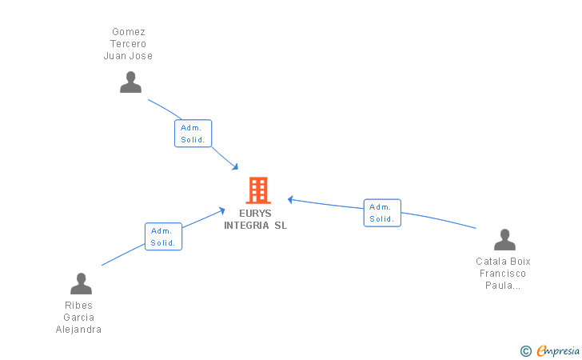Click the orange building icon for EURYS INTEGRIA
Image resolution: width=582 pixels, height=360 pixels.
point(257,190)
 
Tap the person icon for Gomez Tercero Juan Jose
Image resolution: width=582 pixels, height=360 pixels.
point(130,82)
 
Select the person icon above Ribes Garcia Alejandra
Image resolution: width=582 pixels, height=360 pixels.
point(81,283)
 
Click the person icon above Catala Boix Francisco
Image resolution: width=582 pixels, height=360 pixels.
point(504,240)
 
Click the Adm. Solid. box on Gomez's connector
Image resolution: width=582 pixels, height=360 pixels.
point(193,133)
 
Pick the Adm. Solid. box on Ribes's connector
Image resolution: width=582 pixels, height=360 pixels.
point(163,237)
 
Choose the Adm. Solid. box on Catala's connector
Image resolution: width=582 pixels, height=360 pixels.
point(382,213)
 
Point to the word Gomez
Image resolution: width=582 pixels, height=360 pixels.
point(128,32)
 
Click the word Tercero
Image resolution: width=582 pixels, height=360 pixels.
point(128,44)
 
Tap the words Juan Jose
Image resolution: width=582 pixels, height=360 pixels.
point(128,56)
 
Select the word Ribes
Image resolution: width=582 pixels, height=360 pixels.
point(78,305)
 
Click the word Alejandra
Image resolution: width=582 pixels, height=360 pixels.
point(78,329)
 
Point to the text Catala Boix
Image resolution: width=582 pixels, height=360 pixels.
point(503,261)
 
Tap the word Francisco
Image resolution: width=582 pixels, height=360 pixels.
point(503,273)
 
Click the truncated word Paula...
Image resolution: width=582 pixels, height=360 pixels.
point(503,285)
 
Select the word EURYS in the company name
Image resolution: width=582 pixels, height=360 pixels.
point(255,214)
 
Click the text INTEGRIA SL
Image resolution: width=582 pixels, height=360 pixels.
point(255,226)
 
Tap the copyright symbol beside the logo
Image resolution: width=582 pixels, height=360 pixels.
point(525,350)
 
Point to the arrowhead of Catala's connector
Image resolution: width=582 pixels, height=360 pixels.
point(291,198)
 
